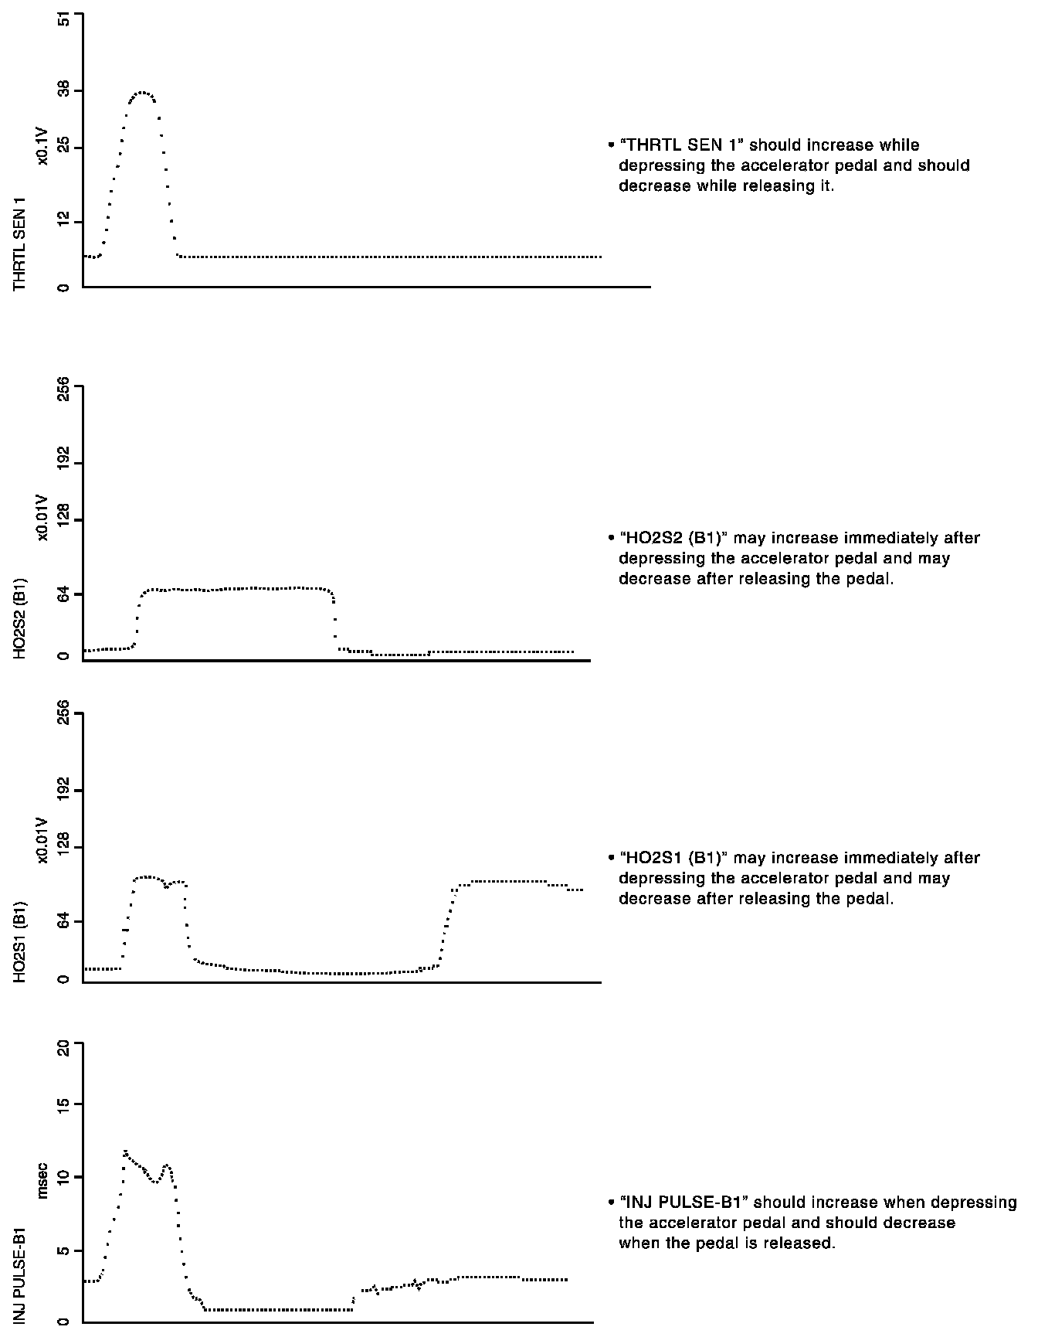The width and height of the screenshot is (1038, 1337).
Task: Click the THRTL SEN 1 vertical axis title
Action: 20,243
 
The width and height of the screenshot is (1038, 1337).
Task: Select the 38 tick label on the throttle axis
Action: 63,91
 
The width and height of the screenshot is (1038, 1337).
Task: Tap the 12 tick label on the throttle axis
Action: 63,223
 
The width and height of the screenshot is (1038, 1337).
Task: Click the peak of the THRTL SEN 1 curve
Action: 142,93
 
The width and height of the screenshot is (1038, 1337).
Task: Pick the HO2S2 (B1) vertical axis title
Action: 20,617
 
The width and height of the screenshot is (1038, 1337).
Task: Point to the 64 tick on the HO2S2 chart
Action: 63,594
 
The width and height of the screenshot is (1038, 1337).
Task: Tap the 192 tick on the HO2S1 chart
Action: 63,790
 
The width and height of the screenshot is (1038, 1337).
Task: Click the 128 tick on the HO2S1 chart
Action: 63,848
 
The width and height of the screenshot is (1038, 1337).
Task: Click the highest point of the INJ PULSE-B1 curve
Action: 124,1152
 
